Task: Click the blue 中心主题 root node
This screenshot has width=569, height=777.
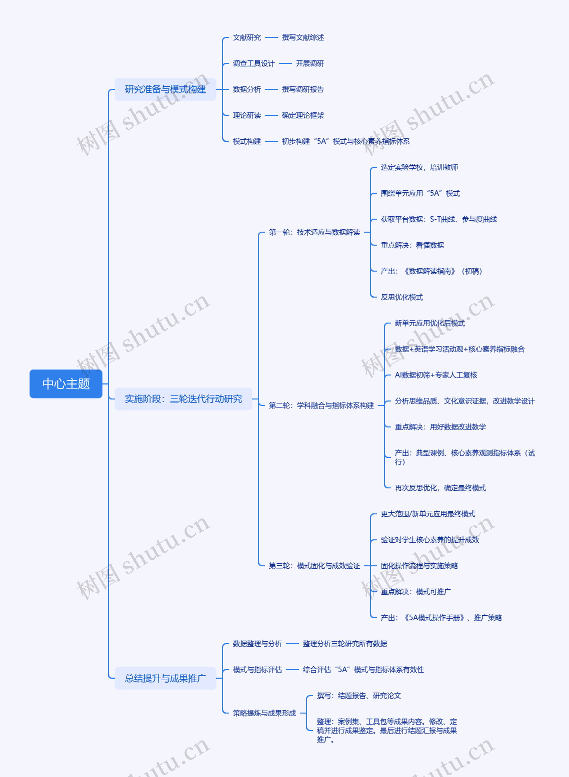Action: pos(66,384)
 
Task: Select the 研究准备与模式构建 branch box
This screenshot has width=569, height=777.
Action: pos(165,89)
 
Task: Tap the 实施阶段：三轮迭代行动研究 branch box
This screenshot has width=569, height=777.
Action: pos(183,399)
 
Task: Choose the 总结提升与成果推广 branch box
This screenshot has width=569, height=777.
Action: pos(165,678)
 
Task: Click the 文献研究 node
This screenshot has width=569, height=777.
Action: pos(247,38)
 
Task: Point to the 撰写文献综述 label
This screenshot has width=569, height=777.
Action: pos(303,38)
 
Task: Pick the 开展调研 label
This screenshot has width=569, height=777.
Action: pos(310,63)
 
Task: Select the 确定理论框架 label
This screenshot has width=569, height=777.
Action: pos(303,115)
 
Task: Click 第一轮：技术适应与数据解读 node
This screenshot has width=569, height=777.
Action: pos(314,232)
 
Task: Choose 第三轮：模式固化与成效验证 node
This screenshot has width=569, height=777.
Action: pos(314,566)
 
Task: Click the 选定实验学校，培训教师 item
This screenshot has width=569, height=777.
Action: pos(419,168)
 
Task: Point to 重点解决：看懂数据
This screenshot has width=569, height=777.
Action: pos(412,245)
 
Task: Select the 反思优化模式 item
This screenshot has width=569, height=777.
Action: pos(402,297)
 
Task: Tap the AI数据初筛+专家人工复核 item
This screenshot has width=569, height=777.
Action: pos(436,375)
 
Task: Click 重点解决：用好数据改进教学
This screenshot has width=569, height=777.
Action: pos(440,427)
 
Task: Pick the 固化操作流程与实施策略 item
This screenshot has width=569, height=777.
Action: pos(419,566)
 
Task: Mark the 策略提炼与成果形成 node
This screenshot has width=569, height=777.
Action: pos(264,713)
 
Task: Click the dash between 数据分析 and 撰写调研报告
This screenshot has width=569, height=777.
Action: pos(271,89)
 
